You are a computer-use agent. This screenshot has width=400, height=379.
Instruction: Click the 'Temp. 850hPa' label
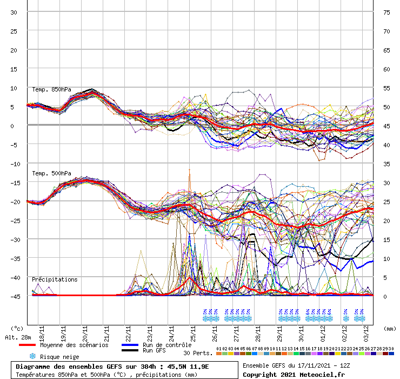click(x=51, y=89)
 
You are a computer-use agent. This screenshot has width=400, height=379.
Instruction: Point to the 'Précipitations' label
click(x=55, y=279)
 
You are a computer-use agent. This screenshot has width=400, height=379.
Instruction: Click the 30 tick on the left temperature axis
click(x=14, y=12)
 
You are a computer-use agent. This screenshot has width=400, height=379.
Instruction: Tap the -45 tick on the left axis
click(x=14, y=296)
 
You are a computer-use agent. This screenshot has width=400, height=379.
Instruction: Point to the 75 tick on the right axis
click(x=386, y=12)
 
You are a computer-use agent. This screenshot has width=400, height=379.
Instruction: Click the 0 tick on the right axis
click(x=385, y=296)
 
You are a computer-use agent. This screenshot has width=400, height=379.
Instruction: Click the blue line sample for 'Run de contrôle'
click(x=130, y=345)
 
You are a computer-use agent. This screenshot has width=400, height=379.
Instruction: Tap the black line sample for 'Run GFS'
click(x=130, y=351)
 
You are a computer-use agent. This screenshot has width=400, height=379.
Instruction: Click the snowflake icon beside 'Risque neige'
click(x=32, y=356)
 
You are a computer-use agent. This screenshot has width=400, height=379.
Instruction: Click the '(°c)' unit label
click(x=17, y=328)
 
